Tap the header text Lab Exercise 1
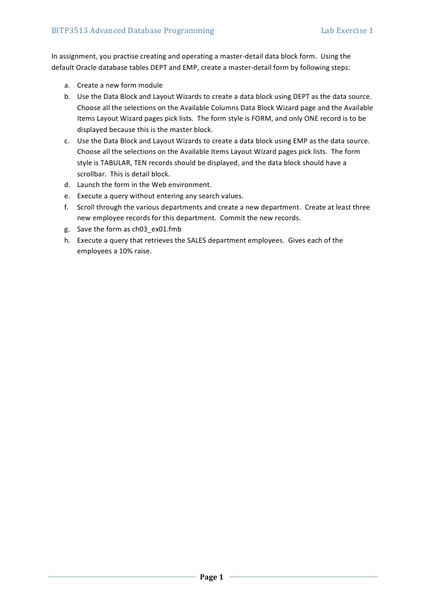tap(346, 30)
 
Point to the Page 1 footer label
tap(212, 577)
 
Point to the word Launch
tap(89, 185)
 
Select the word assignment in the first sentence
tap(77, 57)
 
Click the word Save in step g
tap(85, 229)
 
